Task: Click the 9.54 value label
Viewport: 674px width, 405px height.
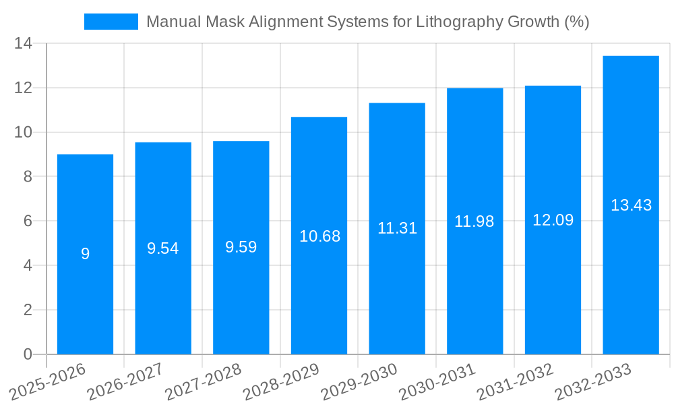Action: tap(163, 248)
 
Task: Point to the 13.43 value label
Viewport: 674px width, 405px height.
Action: tap(631, 205)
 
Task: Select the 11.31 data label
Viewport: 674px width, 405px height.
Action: tap(397, 228)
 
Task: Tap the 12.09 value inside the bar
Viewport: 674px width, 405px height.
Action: tap(553, 220)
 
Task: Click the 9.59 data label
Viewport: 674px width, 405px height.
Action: tap(241, 247)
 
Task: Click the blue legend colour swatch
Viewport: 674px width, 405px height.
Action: tap(111, 22)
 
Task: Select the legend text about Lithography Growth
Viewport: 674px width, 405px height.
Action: tap(367, 22)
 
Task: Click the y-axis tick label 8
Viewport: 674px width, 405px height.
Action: tap(28, 177)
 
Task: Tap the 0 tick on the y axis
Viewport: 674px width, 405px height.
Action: tap(28, 354)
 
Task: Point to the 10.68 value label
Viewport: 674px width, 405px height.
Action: tap(319, 236)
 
